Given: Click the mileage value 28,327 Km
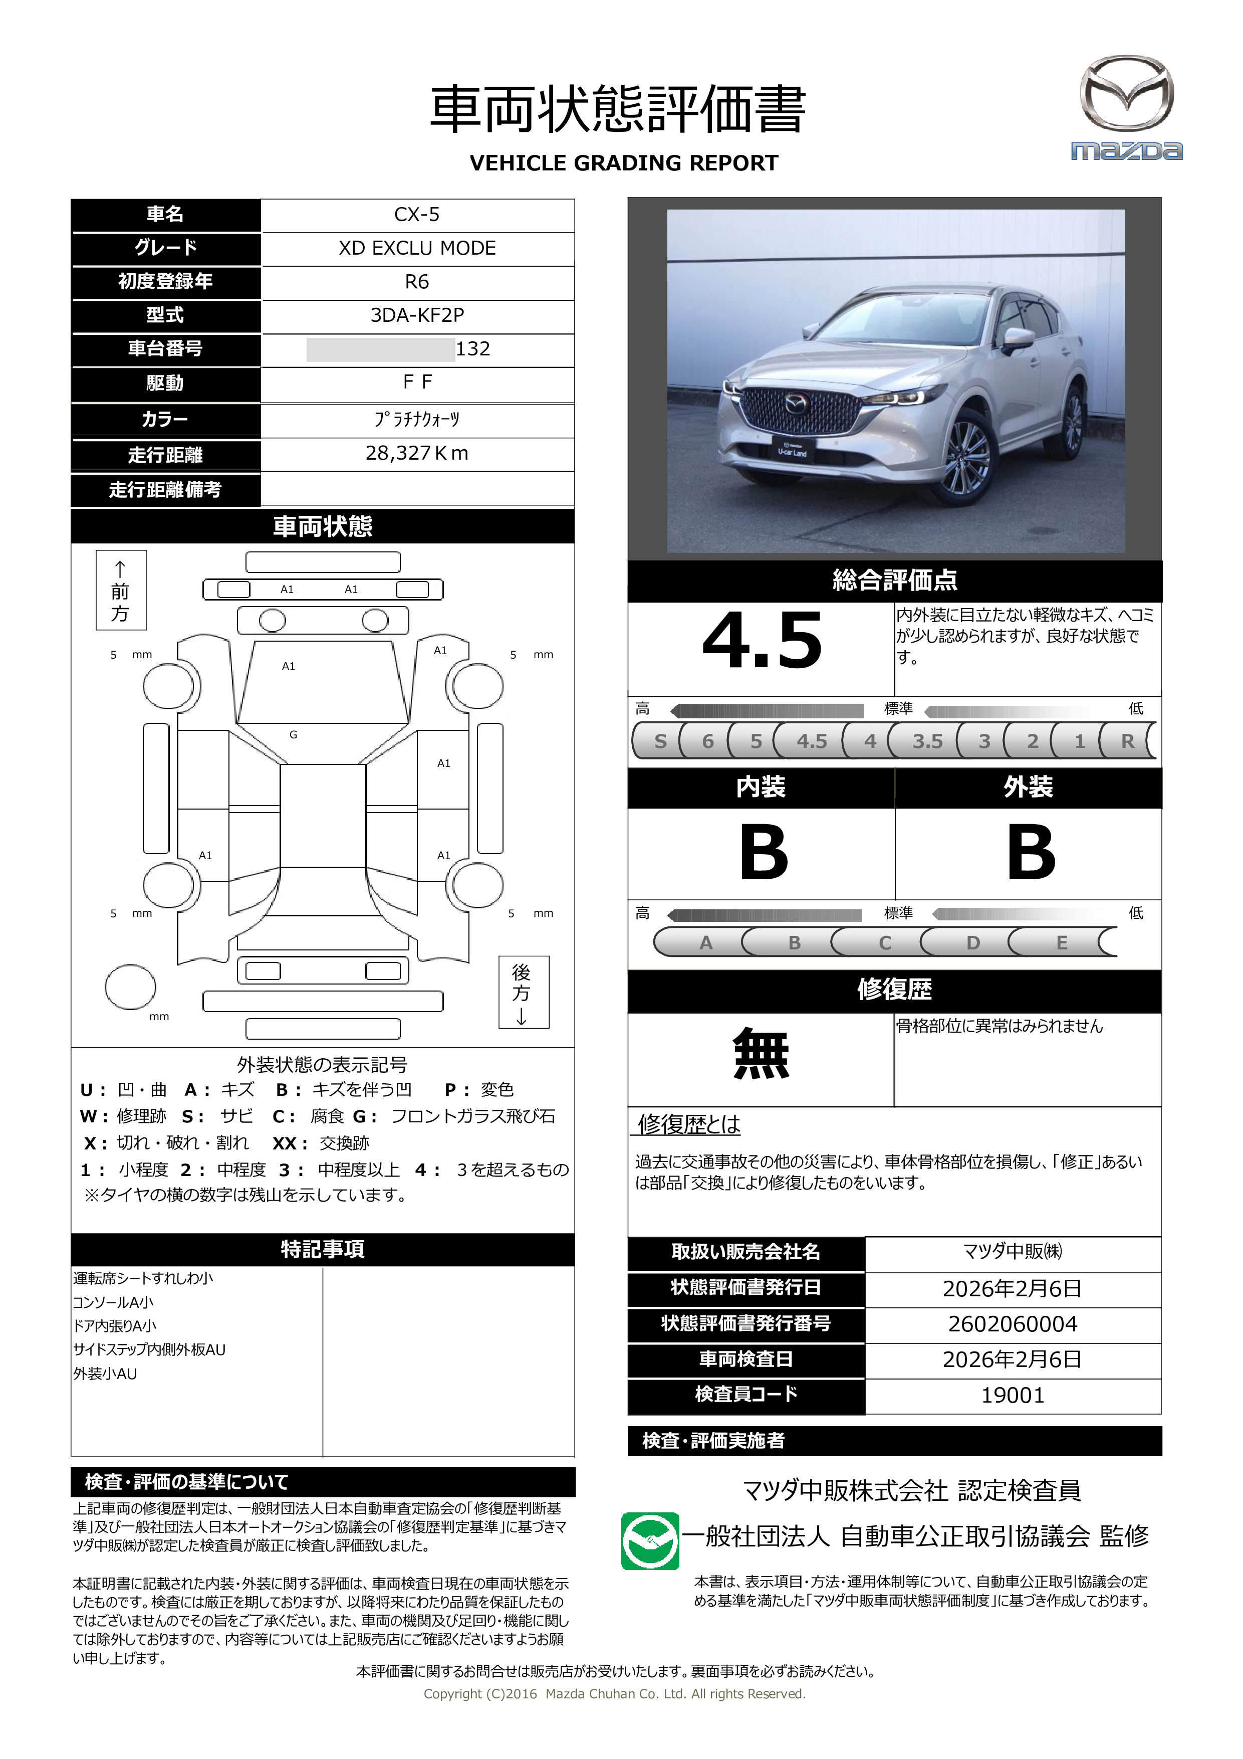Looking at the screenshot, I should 417,454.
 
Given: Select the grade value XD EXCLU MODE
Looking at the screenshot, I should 417,248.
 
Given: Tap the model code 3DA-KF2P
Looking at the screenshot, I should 417,315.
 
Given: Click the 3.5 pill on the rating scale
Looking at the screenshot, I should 927,741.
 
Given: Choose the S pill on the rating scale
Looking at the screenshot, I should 660,741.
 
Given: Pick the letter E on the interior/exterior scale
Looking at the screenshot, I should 1062,943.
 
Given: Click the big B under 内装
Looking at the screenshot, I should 763,853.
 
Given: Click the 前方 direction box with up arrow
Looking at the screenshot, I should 120,591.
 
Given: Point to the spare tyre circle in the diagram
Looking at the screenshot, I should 130,987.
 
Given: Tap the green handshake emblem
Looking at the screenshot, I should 649,1540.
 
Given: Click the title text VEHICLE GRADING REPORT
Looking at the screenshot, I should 623,163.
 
